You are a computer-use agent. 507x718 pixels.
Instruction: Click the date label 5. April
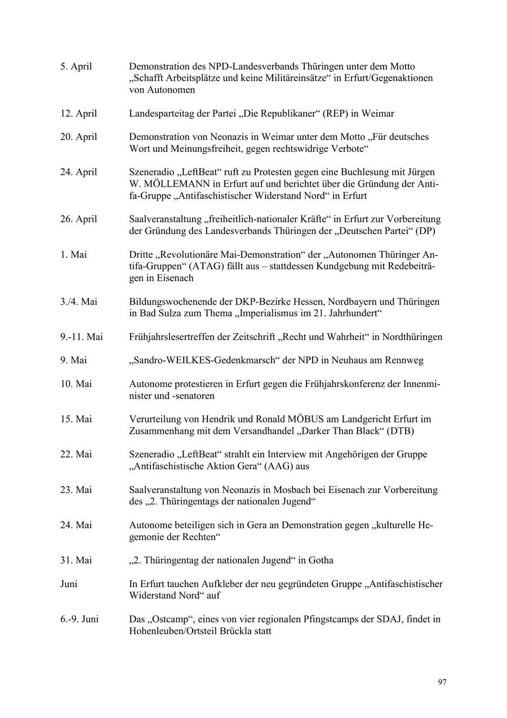(x=76, y=67)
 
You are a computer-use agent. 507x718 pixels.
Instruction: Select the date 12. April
(x=78, y=113)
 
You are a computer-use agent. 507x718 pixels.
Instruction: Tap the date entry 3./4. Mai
(x=78, y=302)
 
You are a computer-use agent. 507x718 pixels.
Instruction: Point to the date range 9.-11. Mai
(x=81, y=337)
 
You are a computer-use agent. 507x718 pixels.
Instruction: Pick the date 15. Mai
(x=75, y=419)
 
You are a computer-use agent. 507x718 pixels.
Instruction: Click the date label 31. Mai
(x=75, y=560)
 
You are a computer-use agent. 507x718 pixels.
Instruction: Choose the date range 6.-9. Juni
(x=79, y=619)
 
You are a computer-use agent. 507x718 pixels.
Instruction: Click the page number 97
(x=442, y=682)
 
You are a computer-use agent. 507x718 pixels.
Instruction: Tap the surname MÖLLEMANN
(x=175, y=184)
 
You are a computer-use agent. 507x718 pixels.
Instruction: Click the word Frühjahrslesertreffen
(x=174, y=337)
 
